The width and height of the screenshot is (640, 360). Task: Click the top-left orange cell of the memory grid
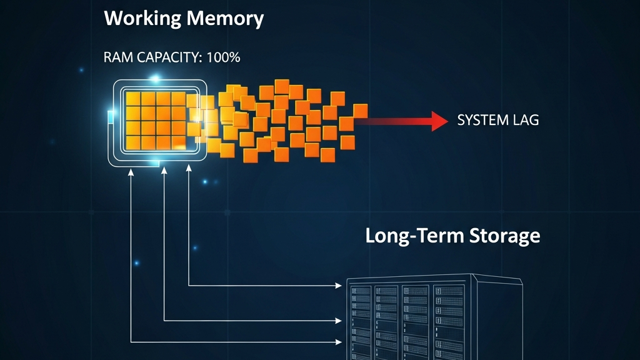pos(132,99)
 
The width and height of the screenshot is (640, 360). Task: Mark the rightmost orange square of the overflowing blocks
pos(361,111)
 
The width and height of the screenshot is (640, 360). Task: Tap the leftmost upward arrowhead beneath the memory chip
pos(131,171)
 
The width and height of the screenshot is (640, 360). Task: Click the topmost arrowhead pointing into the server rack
pos(341,286)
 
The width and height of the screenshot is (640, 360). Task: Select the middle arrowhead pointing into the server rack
pos(341,321)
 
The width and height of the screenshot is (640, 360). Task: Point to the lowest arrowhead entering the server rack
pos(341,342)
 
